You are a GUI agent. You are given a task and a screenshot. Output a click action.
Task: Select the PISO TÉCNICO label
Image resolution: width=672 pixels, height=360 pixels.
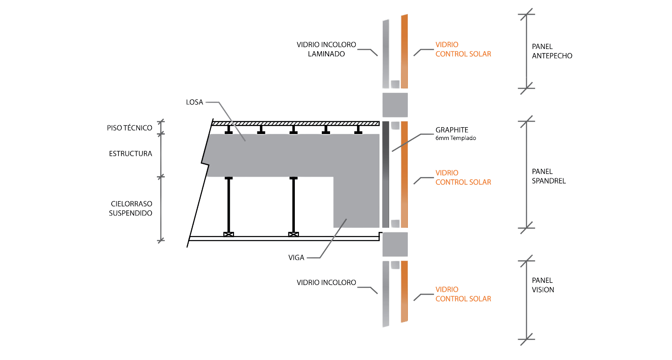(130, 129)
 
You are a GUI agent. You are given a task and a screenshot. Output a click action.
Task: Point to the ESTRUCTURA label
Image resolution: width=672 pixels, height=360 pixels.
(130, 153)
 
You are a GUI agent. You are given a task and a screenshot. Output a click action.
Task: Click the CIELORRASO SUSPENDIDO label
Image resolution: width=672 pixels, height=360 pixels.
(131, 208)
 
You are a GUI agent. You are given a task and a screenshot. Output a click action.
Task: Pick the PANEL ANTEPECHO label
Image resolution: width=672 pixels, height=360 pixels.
(552, 51)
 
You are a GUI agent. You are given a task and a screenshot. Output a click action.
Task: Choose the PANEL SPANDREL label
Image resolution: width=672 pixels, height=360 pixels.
(549, 177)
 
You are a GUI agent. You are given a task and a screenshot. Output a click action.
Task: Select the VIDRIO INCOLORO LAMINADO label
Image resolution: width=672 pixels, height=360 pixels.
(326, 49)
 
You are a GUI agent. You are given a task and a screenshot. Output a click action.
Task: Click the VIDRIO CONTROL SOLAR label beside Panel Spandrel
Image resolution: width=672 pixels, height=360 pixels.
(463, 177)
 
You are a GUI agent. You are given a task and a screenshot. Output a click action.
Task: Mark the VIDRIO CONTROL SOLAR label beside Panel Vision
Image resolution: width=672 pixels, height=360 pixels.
(463, 294)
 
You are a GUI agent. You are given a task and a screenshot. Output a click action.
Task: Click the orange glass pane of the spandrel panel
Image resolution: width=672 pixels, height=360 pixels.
(405, 174)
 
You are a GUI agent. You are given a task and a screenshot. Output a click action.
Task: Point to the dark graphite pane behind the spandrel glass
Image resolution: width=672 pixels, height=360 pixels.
(385, 174)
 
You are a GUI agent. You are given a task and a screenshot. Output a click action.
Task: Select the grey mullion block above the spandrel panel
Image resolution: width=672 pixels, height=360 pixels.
(395, 104)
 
